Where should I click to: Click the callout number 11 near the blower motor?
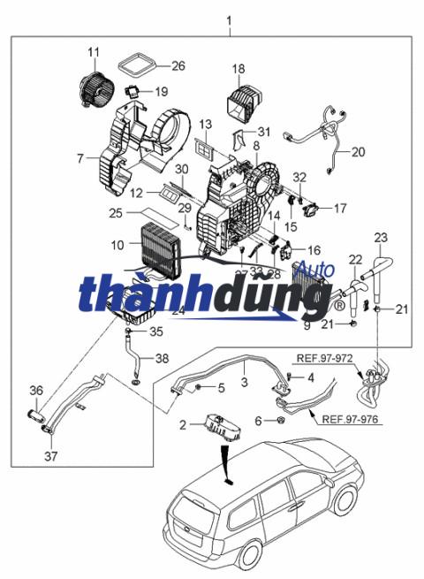[x=93, y=53]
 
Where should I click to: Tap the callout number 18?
[x=238, y=69]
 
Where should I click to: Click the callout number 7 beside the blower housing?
[x=79, y=159]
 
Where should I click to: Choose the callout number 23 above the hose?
[x=381, y=238]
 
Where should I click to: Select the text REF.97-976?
[x=352, y=420]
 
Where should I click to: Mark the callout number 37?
[x=49, y=458]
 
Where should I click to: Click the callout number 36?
[x=36, y=391]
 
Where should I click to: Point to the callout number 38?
[x=161, y=359]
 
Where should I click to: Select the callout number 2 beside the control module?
[x=183, y=425]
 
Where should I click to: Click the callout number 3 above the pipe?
[x=244, y=381]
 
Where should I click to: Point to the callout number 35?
[x=156, y=332]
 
